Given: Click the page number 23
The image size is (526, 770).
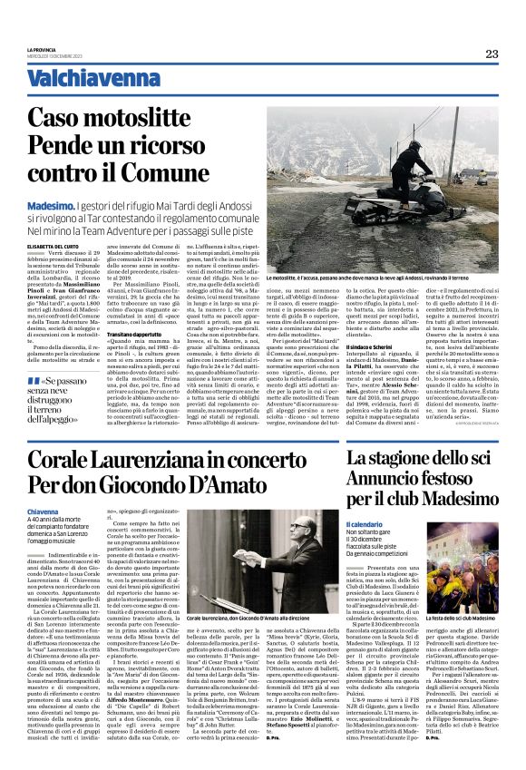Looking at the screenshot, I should pyautogui.click(x=491, y=53).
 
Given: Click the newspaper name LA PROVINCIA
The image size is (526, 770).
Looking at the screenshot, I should pyautogui.click(x=42, y=49).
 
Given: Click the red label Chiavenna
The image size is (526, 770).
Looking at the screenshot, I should pyautogui.click(x=43, y=512).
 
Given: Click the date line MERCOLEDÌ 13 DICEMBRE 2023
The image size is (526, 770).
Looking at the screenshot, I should pyautogui.click(x=53, y=55).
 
